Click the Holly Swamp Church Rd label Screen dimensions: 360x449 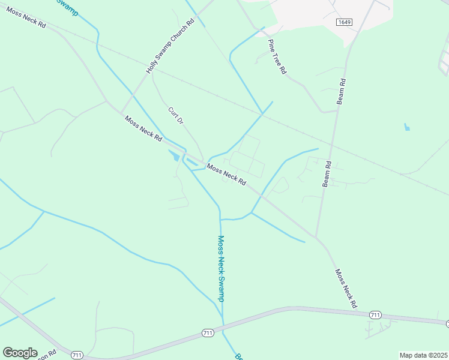tap(170, 46)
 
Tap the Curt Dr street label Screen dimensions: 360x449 tap(175, 116)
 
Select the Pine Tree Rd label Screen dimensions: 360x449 tap(277, 56)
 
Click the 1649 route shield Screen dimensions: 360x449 tap(344, 22)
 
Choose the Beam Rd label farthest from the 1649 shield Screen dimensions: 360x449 tap(327, 173)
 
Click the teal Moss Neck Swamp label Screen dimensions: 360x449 tap(222, 268)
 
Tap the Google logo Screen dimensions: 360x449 tap(20, 353)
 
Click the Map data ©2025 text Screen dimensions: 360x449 tap(423, 355)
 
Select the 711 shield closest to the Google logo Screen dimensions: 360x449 tap(76, 355)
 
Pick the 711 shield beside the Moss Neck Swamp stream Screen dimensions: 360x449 tap(208, 332)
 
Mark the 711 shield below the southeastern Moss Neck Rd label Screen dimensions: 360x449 tap(375, 315)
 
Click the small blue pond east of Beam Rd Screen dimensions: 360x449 tap(408, 127)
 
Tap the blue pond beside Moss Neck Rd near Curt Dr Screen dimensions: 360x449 tap(175, 156)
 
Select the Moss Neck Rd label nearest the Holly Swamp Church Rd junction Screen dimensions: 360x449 tap(143, 128)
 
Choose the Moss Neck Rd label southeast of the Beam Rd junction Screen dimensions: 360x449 tap(346, 289)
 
